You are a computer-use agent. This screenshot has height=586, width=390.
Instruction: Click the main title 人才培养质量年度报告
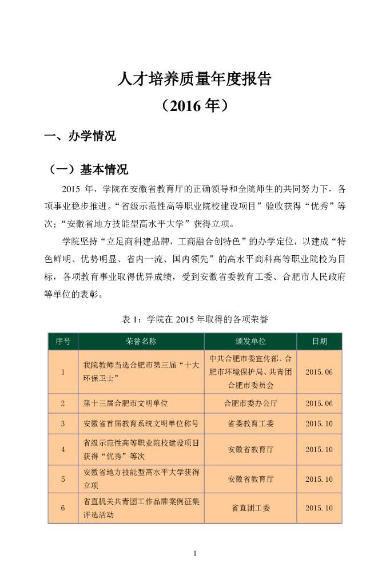(194, 78)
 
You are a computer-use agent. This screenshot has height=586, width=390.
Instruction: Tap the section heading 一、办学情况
(80, 137)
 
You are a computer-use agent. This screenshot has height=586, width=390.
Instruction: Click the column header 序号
(63, 341)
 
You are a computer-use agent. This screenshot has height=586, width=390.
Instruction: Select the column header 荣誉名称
(141, 341)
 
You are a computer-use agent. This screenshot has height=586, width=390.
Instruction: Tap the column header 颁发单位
(250, 341)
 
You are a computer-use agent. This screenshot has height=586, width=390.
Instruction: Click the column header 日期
(319, 341)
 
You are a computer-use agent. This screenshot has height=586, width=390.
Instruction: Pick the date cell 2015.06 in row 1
(319, 372)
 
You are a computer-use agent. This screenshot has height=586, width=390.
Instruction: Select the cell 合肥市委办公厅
(250, 403)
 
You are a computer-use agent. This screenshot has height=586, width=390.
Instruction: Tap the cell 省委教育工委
(250, 424)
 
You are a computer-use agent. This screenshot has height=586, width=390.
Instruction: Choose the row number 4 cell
(63, 450)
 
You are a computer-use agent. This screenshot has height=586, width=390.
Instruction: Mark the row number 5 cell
(63, 479)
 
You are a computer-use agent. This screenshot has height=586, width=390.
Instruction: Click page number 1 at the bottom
(195, 553)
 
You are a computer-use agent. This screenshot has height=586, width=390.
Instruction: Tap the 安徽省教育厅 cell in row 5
(250, 479)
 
